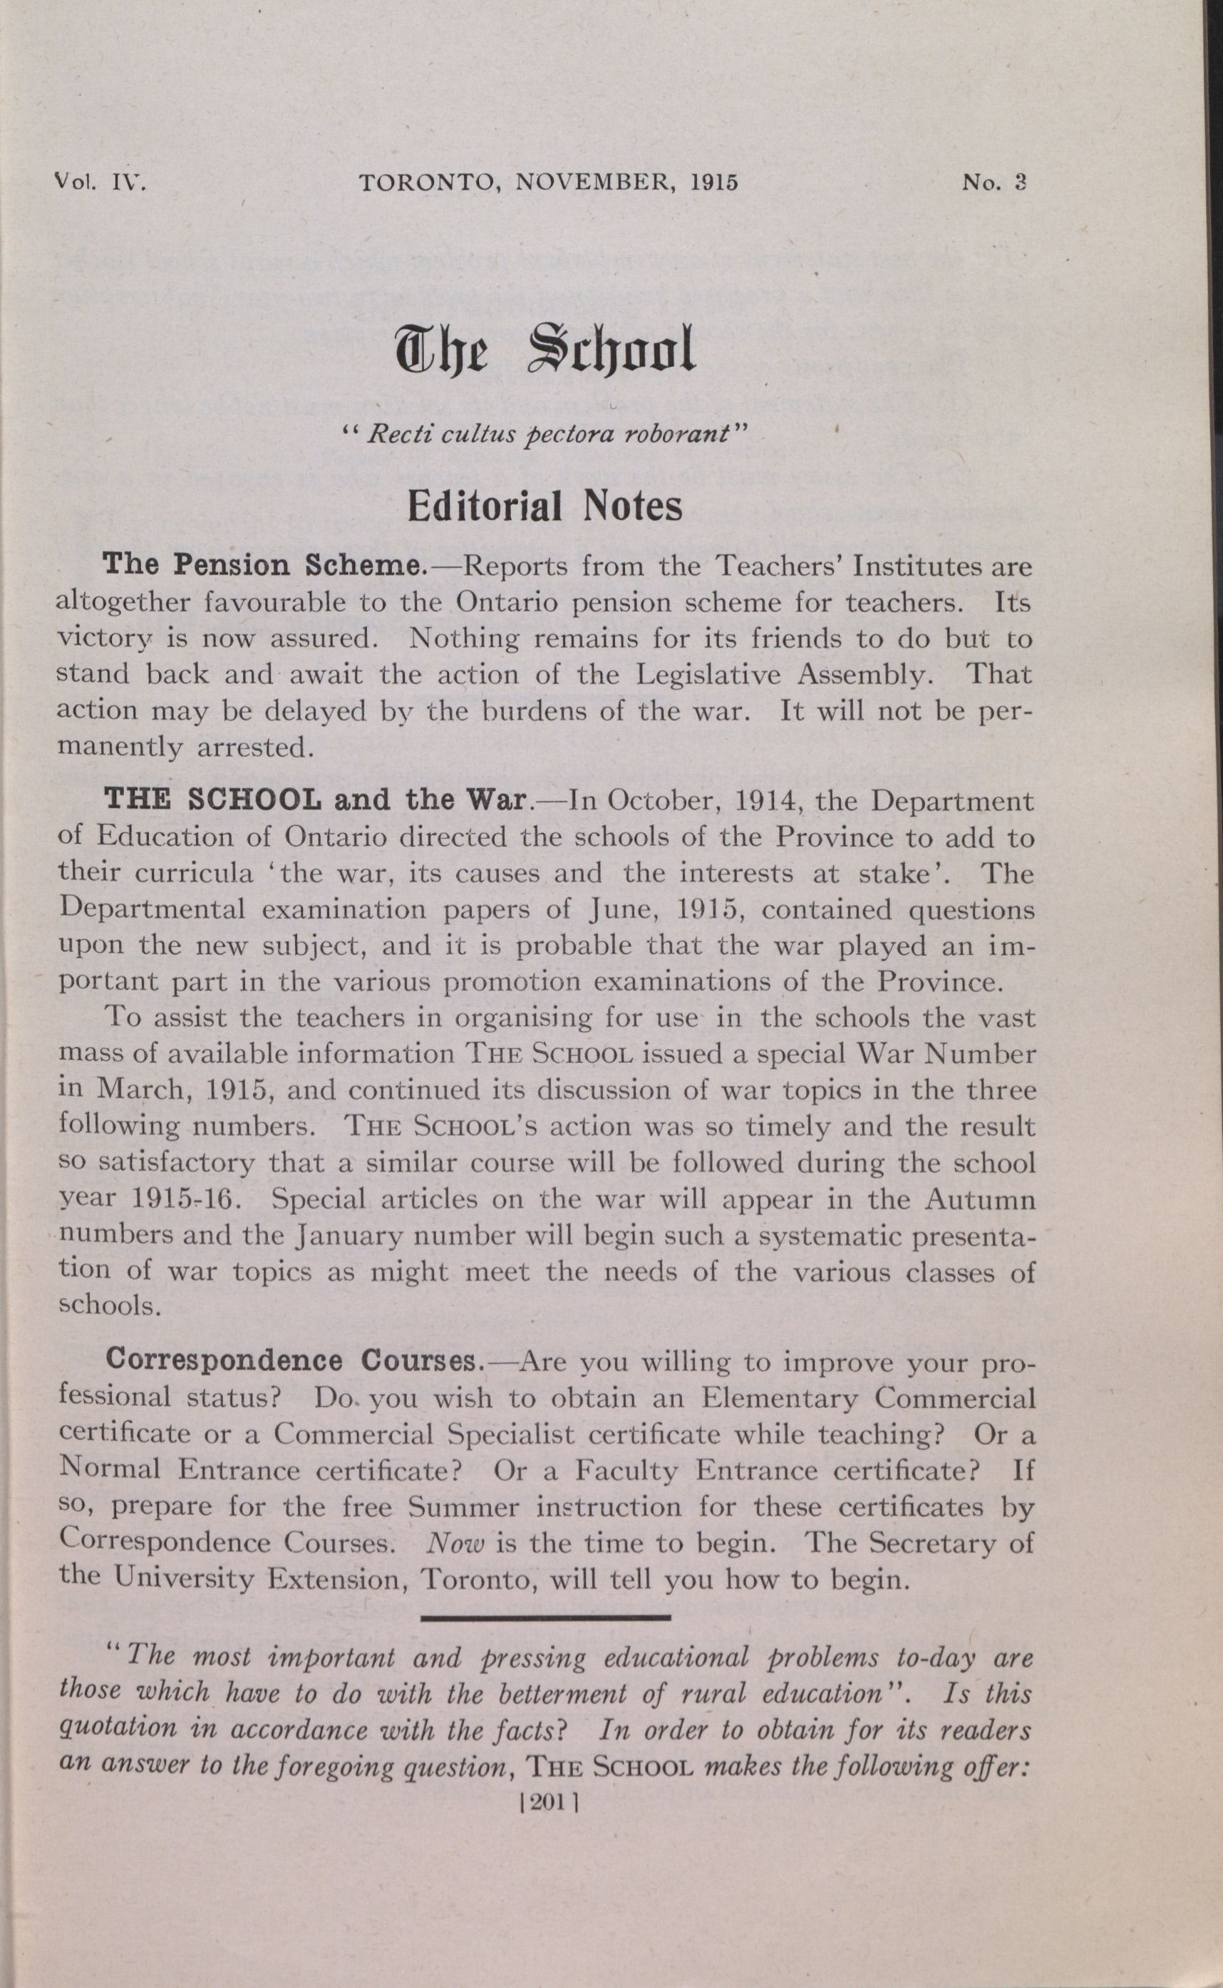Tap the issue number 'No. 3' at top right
[994, 182]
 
